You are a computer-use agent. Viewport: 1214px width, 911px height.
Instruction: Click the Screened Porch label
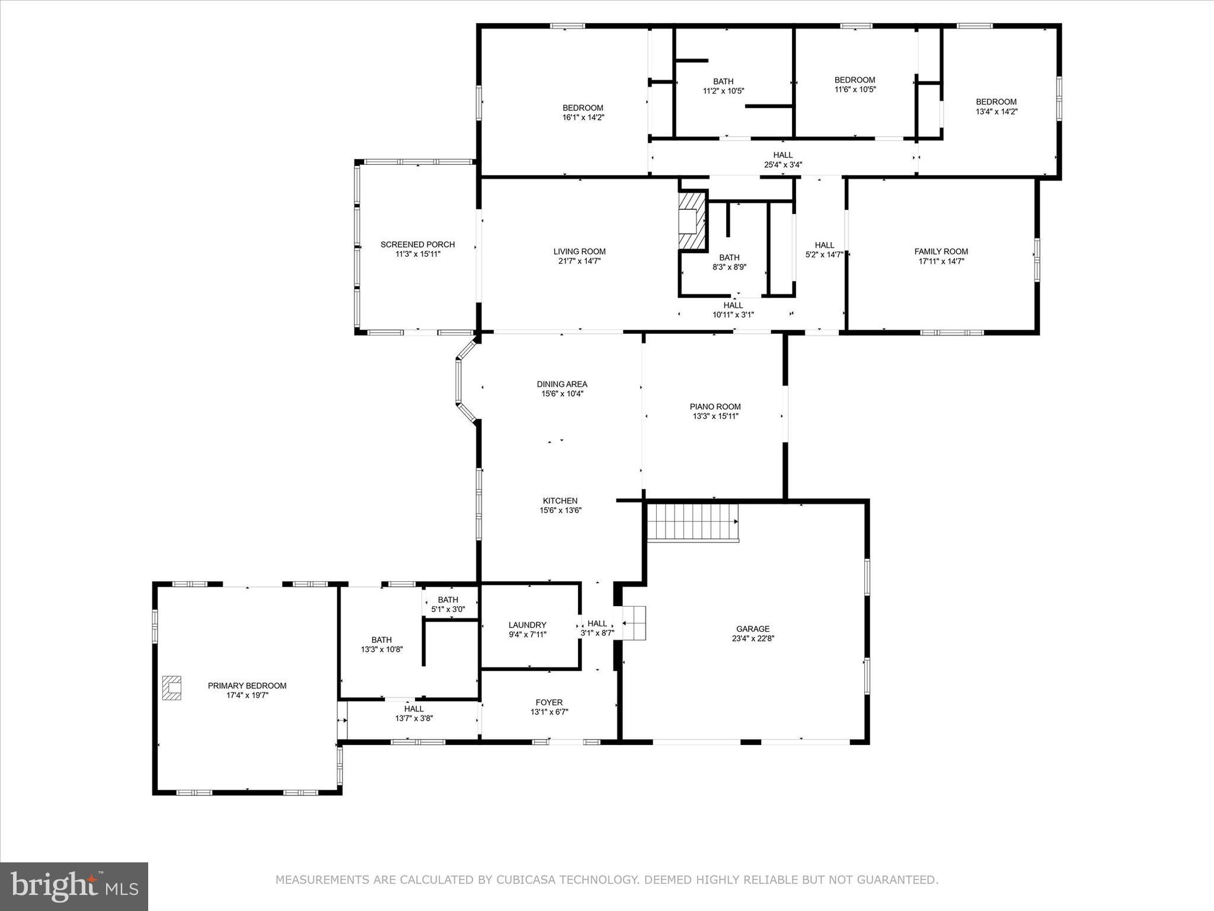click(x=417, y=244)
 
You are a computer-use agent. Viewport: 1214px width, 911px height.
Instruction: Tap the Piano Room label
click(x=715, y=407)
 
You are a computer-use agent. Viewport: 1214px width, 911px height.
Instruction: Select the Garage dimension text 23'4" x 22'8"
click(x=753, y=639)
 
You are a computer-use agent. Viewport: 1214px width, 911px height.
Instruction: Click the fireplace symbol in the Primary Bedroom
click(x=172, y=688)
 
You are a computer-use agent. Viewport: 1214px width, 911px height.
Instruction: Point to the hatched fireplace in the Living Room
click(x=692, y=221)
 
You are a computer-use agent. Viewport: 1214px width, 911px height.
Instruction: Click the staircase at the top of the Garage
click(x=692, y=522)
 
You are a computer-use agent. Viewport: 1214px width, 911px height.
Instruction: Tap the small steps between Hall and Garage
click(x=634, y=623)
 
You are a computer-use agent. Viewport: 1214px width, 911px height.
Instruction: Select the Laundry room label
click(x=527, y=625)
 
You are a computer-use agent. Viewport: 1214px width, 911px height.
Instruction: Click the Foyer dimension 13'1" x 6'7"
click(x=549, y=712)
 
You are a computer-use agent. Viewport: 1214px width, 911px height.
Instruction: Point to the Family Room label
click(x=941, y=251)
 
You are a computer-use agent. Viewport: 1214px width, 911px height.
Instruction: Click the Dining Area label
click(x=562, y=384)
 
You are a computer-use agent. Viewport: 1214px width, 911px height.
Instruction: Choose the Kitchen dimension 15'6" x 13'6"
click(x=560, y=510)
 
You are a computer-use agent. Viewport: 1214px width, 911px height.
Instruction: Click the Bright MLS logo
click(x=74, y=887)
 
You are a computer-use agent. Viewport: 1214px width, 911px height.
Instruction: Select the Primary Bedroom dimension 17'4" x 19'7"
click(x=247, y=695)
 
